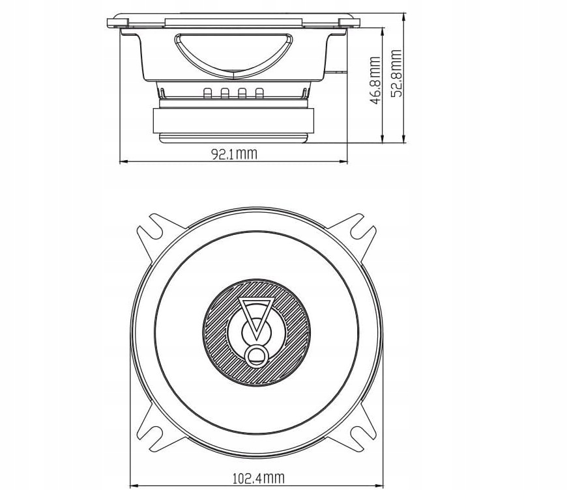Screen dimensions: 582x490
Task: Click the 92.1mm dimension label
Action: click(x=233, y=154)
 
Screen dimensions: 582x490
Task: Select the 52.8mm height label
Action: click(x=396, y=74)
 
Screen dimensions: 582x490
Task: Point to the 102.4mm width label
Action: click(x=258, y=478)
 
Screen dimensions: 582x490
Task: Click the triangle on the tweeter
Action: click(x=255, y=315)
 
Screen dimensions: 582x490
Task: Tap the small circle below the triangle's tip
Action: click(x=256, y=355)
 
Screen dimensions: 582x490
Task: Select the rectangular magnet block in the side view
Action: click(x=233, y=120)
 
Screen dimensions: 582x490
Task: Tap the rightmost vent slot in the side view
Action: click(x=259, y=94)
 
